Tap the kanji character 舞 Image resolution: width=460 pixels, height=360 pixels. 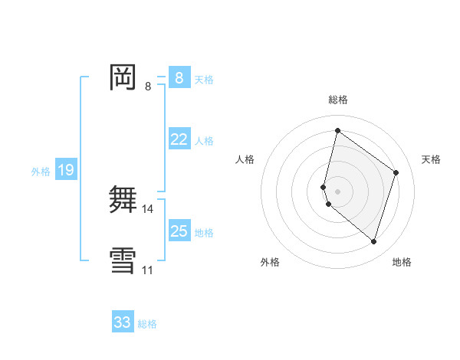coord(123,199)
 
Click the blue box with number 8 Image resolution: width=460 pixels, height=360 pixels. coord(179,78)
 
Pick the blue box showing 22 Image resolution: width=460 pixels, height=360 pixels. coord(179,139)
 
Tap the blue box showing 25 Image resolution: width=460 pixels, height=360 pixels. coord(179,231)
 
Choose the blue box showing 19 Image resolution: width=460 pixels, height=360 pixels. coord(66,170)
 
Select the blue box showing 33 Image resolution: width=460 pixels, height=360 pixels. coord(123,322)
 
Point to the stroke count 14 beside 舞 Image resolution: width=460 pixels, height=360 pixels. coord(149,208)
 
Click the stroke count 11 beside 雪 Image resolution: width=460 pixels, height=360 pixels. coord(148,270)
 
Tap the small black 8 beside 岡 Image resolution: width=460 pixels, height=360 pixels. coord(148,86)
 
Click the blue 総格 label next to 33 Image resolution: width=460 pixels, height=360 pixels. coord(147,324)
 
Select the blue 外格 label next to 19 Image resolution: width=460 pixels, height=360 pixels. coord(41,172)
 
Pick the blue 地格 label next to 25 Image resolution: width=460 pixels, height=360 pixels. coord(204,233)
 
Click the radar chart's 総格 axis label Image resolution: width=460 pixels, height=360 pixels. coord(338,100)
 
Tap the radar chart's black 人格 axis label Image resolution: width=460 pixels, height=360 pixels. coord(245,159)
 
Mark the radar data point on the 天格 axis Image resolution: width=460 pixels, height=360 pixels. coord(396,172)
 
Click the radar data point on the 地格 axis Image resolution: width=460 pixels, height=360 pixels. coord(374,242)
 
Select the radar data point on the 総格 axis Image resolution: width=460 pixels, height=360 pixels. coord(337,130)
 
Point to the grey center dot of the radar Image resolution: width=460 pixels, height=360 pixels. coord(337,191)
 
